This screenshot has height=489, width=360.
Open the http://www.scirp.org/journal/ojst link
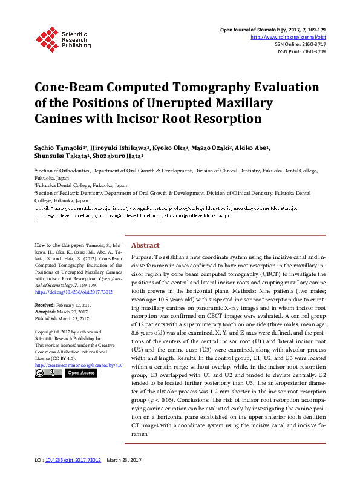[288, 36]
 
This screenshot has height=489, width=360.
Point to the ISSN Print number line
[301, 51]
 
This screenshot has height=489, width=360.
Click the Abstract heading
[145, 245]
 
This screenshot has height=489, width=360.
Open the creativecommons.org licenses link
[79, 365]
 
